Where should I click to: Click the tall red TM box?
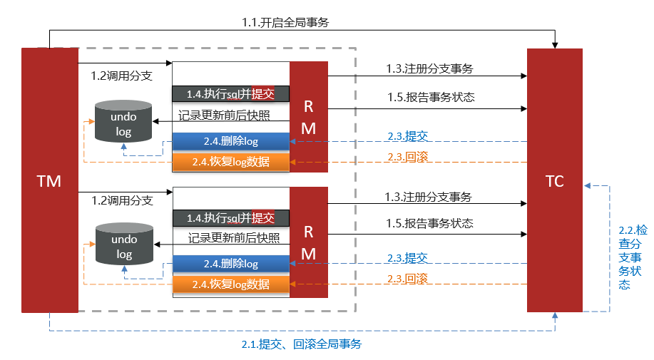tap(49, 180)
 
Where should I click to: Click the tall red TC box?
tap(554, 180)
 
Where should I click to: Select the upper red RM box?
tap(308, 117)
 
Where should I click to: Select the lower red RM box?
tap(308, 242)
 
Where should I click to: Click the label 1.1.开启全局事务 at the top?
tap(285, 22)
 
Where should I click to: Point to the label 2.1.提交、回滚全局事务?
tap(301, 344)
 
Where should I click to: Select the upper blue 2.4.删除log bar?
tap(230, 141)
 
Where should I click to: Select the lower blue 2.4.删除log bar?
tap(230, 264)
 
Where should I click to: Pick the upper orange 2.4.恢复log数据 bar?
tap(230, 162)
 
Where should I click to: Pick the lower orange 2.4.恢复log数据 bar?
tap(230, 284)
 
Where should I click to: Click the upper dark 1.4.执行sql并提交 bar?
tap(230, 94)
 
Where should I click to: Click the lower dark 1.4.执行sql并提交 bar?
tap(230, 217)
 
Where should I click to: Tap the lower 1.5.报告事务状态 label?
tap(430, 223)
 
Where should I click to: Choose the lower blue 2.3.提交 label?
tap(407, 258)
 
